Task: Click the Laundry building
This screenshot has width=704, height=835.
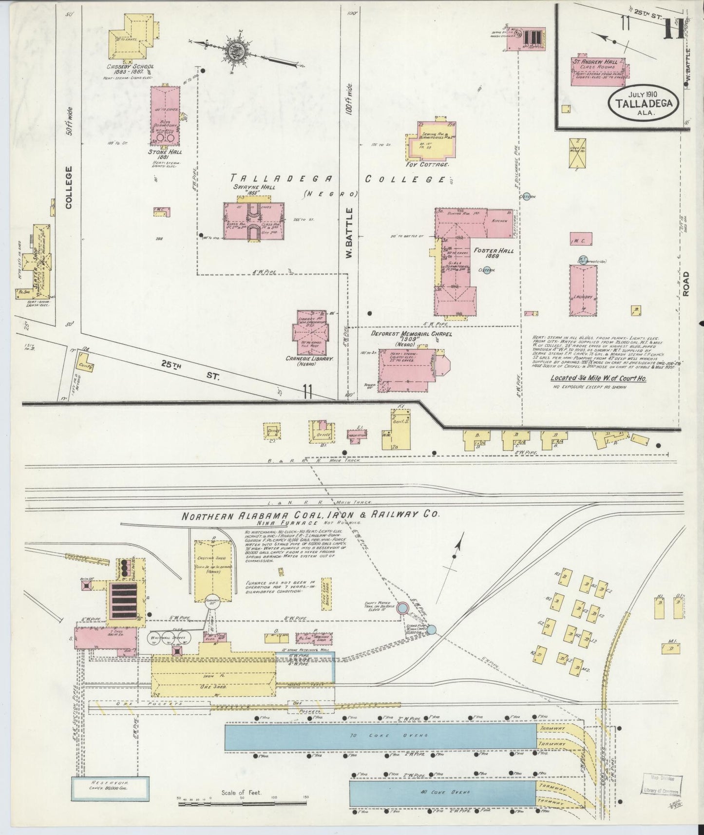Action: tap(583, 290)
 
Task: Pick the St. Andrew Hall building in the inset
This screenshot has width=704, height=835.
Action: tap(599, 72)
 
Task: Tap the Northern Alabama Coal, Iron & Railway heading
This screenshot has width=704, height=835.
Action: tap(311, 515)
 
